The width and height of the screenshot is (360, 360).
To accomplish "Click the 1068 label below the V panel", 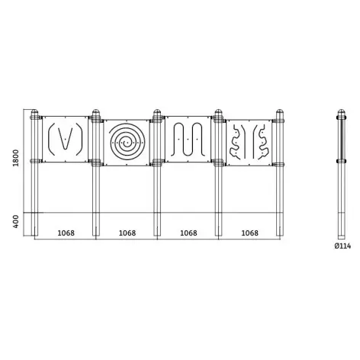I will pyautogui.click(x=65, y=233).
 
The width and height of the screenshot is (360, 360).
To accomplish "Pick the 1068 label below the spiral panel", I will pyautogui.click(x=127, y=233).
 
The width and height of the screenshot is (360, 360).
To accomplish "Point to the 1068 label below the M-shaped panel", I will pyautogui.click(x=188, y=233).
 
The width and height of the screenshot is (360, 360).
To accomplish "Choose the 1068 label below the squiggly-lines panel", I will pyautogui.click(x=250, y=233).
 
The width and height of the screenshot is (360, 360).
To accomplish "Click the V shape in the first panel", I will pyautogui.click(x=66, y=139).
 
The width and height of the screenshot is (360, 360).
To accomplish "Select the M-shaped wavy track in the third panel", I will pyautogui.click(x=188, y=140).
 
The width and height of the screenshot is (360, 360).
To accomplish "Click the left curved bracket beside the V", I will pyautogui.click(x=51, y=139).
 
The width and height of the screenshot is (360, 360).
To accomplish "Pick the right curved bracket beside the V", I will pyautogui.click(x=80, y=139).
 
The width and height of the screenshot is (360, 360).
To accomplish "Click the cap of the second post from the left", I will pyautogui.click(x=96, y=112).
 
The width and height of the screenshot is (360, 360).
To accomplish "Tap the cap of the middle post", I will pyautogui.click(x=157, y=112).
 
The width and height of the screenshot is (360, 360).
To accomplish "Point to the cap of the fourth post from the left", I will pyautogui.click(x=219, y=112).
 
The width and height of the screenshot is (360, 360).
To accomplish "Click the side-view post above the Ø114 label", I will pyautogui.click(x=341, y=175).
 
